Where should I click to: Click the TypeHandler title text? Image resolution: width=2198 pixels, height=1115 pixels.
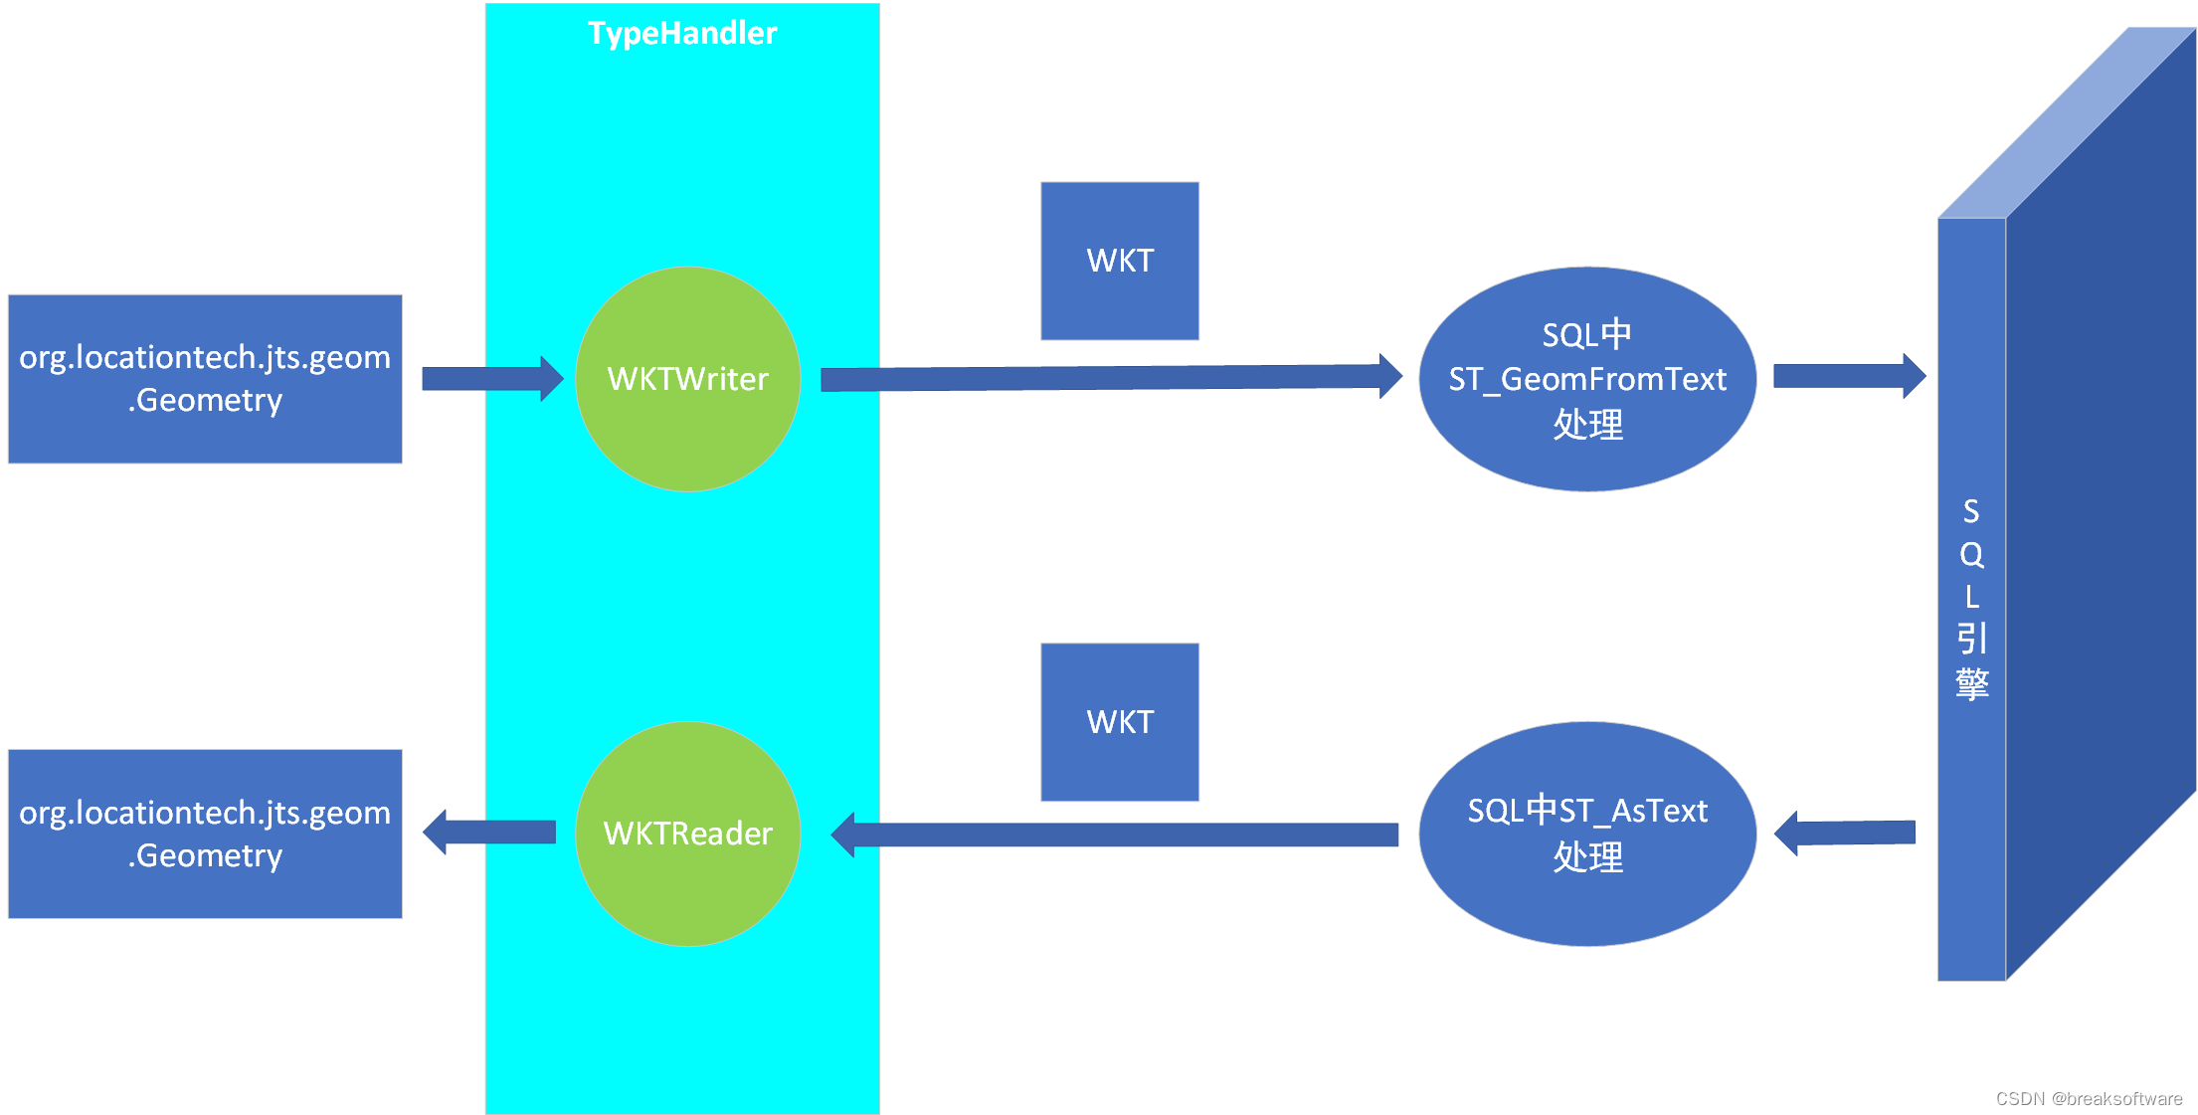click(x=681, y=34)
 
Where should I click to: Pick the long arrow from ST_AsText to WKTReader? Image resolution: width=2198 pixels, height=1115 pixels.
click(x=1114, y=835)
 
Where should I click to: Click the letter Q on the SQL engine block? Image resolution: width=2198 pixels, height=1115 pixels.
click(x=1971, y=555)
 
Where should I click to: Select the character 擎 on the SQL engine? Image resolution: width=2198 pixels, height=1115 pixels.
click(x=1971, y=683)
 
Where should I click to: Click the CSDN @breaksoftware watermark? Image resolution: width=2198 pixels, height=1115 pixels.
click(x=2088, y=1098)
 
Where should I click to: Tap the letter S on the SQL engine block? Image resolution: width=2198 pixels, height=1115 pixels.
click(x=1971, y=511)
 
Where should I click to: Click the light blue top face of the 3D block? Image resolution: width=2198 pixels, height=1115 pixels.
click(x=2069, y=119)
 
